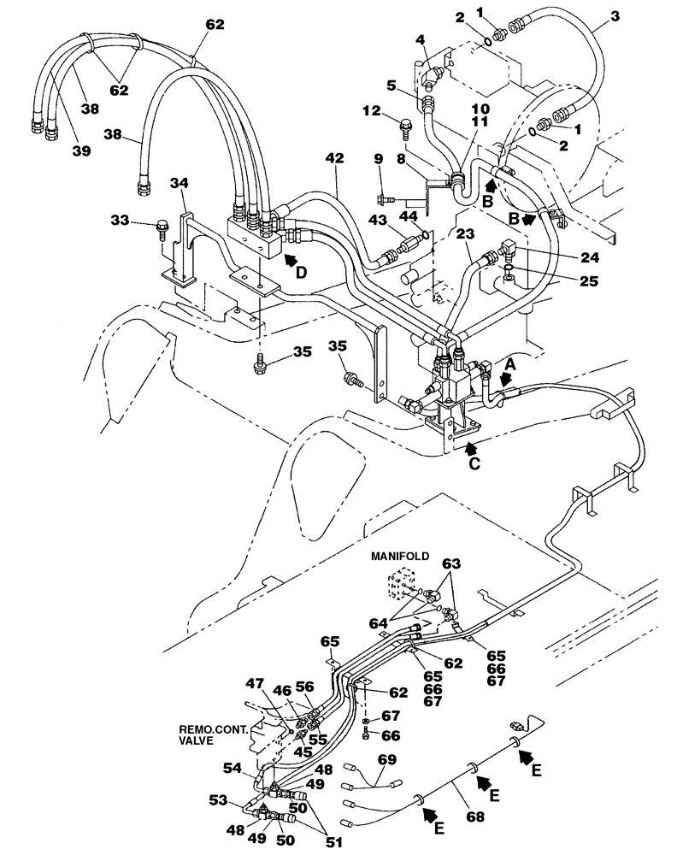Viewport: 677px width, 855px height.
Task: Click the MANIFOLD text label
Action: tap(401, 556)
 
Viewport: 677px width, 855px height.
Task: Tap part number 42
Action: tap(335, 158)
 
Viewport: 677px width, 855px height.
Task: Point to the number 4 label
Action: tap(420, 39)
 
